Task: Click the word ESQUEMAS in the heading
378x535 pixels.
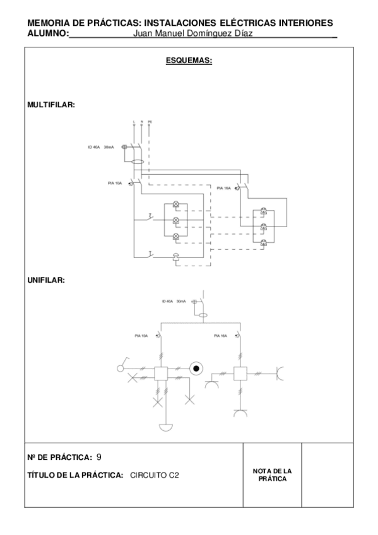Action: (188, 61)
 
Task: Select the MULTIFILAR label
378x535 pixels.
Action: (51, 105)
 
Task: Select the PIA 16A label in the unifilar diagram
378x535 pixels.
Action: (220, 335)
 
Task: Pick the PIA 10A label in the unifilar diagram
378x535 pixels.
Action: (141, 335)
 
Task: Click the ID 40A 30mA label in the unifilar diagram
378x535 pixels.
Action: (173, 302)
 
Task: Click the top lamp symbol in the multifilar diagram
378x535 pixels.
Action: (176, 206)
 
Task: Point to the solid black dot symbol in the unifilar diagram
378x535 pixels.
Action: (196, 368)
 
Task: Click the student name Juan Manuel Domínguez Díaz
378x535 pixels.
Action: (193, 34)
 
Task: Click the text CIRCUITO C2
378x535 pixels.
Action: (155, 476)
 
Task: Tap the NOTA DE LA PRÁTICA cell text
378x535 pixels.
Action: (272, 475)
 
